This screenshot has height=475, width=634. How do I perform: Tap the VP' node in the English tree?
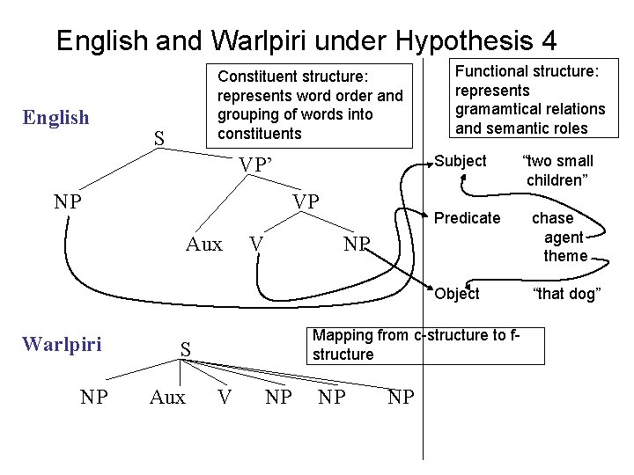256,164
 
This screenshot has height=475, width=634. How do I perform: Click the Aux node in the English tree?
204,245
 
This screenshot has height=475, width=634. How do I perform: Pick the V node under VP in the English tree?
254,245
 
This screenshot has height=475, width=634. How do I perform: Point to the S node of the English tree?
158,138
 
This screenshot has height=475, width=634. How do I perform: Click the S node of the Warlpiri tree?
186,350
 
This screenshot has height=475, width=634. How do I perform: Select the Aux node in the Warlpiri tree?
167,398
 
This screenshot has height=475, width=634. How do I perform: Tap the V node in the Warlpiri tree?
225,398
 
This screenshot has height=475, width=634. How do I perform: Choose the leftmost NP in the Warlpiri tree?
94,398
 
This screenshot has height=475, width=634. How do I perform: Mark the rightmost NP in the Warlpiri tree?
401,398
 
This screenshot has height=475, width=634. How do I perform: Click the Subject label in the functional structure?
460,161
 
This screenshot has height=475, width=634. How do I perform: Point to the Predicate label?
468,218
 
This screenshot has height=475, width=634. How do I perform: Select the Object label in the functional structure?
457,294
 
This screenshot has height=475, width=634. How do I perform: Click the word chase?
552,218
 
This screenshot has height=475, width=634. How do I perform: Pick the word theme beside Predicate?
565,256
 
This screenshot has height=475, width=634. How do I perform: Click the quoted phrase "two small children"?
557,171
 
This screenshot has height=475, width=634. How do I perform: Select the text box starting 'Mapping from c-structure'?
416,344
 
